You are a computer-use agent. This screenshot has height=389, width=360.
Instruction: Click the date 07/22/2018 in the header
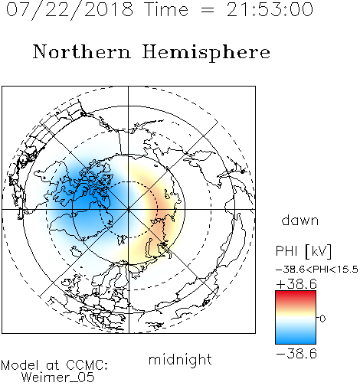point(70,9)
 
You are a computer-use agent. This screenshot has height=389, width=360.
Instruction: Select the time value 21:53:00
point(270,9)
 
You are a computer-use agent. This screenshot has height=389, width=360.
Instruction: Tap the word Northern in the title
point(82,51)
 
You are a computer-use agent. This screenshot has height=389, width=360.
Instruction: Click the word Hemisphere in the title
point(206,52)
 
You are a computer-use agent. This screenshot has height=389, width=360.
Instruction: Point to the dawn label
point(300,220)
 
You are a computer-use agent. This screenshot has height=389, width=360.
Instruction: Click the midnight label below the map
point(180,359)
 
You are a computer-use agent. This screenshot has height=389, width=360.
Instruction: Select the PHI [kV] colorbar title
point(303,251)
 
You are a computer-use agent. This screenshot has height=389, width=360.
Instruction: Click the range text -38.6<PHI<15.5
point(317,270)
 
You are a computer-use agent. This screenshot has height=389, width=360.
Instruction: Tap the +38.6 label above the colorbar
point(296,284)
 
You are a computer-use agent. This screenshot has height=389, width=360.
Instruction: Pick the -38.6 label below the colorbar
point(296,354)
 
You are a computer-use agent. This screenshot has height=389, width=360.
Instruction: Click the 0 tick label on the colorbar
point(322,319)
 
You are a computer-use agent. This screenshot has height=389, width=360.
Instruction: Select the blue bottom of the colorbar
point(296,339)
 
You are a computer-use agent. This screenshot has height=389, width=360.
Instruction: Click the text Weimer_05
point(58,378)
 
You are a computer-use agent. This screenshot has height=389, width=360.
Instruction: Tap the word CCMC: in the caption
point(87,365)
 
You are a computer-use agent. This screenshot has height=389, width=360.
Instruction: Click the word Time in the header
point(166,9)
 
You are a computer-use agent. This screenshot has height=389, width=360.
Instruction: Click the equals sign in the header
point(207,10)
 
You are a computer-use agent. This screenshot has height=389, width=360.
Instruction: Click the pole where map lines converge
point(129,210)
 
